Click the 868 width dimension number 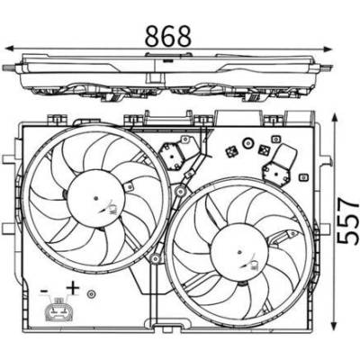168,36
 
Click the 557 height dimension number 347,220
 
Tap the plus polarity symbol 73,288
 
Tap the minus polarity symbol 44,291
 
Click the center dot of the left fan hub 95,198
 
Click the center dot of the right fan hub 239,252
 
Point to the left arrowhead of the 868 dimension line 12,49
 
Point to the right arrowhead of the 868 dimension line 327,49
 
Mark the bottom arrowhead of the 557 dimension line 333,323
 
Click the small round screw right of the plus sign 91,293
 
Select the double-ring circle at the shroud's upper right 247,143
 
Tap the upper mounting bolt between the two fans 180,191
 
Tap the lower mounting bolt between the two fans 155,258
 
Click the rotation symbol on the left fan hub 108,208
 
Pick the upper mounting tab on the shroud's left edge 9,159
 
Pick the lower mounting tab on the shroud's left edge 9,229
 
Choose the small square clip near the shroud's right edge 303,177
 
